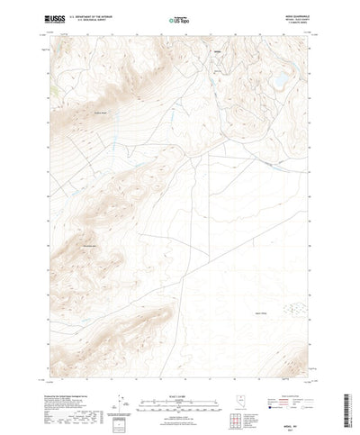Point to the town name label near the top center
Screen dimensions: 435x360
tap(216, 63)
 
